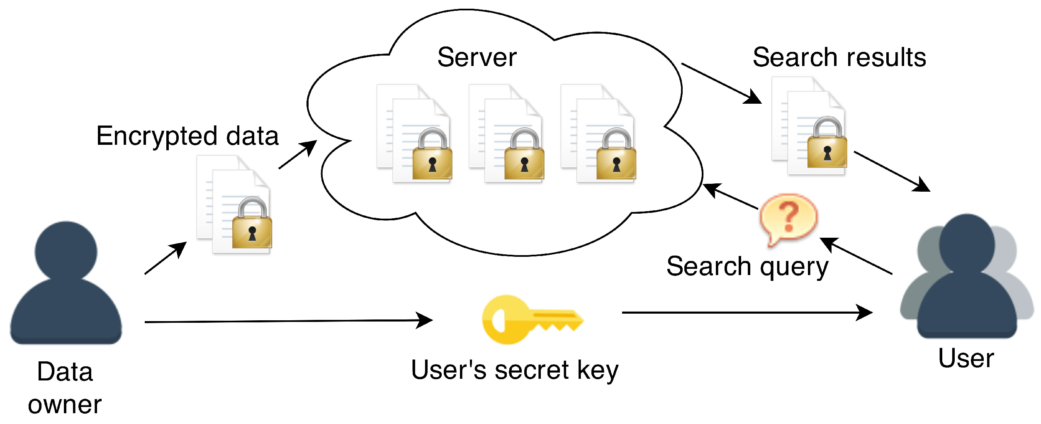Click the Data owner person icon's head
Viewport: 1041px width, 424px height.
click(66, 251)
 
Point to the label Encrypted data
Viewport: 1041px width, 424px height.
click(187, 136)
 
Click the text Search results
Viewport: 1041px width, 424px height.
click(839, 57)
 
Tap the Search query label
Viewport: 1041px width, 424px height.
click(747, 266)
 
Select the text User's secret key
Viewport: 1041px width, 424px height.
click(514, 370)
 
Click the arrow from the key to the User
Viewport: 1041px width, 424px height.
click(747, 312)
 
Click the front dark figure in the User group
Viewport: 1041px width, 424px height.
click(967, 282)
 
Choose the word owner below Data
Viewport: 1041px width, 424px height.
click(65, 405)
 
